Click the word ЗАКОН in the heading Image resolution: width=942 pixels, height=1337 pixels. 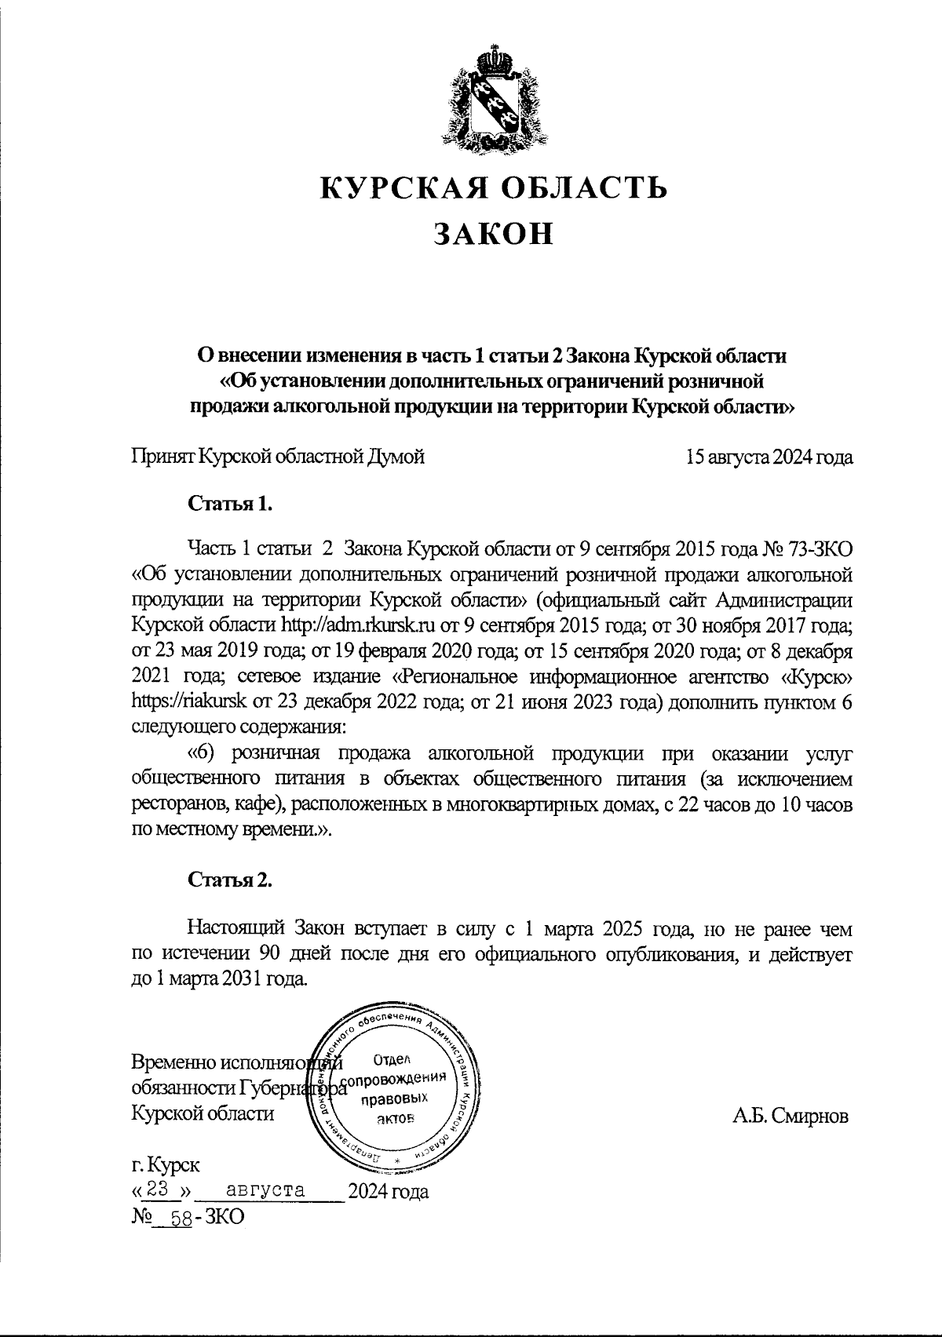(x=494, y=233)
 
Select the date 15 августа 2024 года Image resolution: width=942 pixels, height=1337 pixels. (x=769, y=457)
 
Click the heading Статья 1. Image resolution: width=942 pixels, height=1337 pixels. (x=230, y=503)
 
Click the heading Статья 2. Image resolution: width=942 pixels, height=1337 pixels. (x=230, y=880)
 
